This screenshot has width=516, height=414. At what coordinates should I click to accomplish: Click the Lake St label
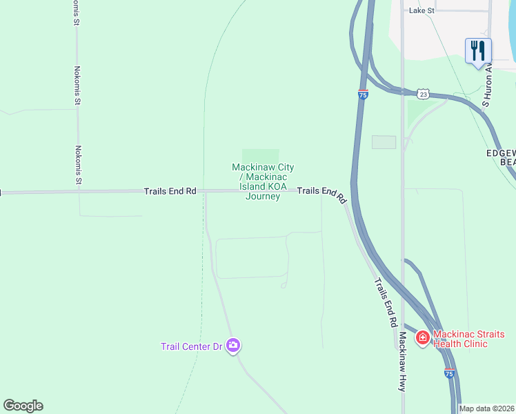[421, 10]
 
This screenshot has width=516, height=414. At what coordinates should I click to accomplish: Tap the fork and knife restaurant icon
[478, 50]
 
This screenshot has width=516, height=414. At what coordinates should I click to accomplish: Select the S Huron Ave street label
[487, 86]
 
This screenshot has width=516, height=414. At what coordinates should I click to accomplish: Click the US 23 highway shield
[424, 93]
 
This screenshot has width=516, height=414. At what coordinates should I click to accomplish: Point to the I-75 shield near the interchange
[363, 95]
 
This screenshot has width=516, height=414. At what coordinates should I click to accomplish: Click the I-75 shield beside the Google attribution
[449, 373]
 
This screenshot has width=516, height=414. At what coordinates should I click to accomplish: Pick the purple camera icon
[233, 345]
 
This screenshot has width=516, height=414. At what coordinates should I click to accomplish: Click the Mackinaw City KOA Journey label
[263, 181]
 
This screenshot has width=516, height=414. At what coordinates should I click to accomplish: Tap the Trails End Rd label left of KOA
[170, 190]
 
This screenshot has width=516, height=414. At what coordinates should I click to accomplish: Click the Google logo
[23, 406]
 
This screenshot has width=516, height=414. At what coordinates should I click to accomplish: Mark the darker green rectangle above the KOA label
[260, 155]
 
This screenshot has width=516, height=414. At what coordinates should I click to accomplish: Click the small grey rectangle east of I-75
[384, 142]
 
